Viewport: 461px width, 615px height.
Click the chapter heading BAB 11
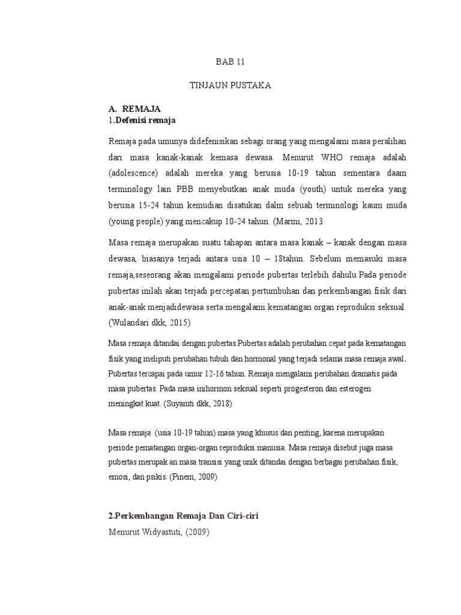tap(230, 62)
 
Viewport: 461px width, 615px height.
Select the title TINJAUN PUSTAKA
tap(230, 86)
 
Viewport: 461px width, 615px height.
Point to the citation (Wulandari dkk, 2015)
tap(149, 323)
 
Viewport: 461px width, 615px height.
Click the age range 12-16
tap(188, 374)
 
